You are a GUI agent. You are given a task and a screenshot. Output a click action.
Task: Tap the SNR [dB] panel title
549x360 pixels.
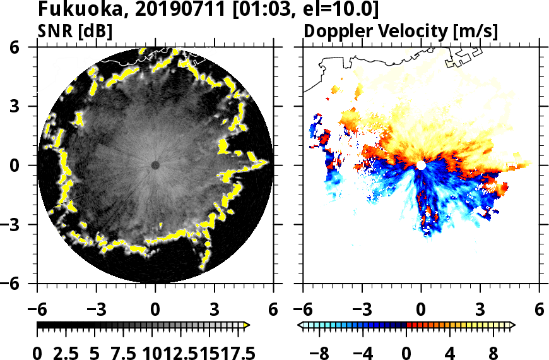(x=75, y=32)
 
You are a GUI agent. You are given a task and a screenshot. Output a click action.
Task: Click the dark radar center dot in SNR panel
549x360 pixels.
(x=155, y=165)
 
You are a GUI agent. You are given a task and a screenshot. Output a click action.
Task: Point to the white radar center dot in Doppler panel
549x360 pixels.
(x=421, y=165)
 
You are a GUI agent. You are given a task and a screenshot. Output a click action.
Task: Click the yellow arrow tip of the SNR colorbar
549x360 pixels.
(x=247, y=325)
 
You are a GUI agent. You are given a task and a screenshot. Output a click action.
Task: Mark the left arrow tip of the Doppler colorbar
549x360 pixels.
(x=300, y=325)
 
